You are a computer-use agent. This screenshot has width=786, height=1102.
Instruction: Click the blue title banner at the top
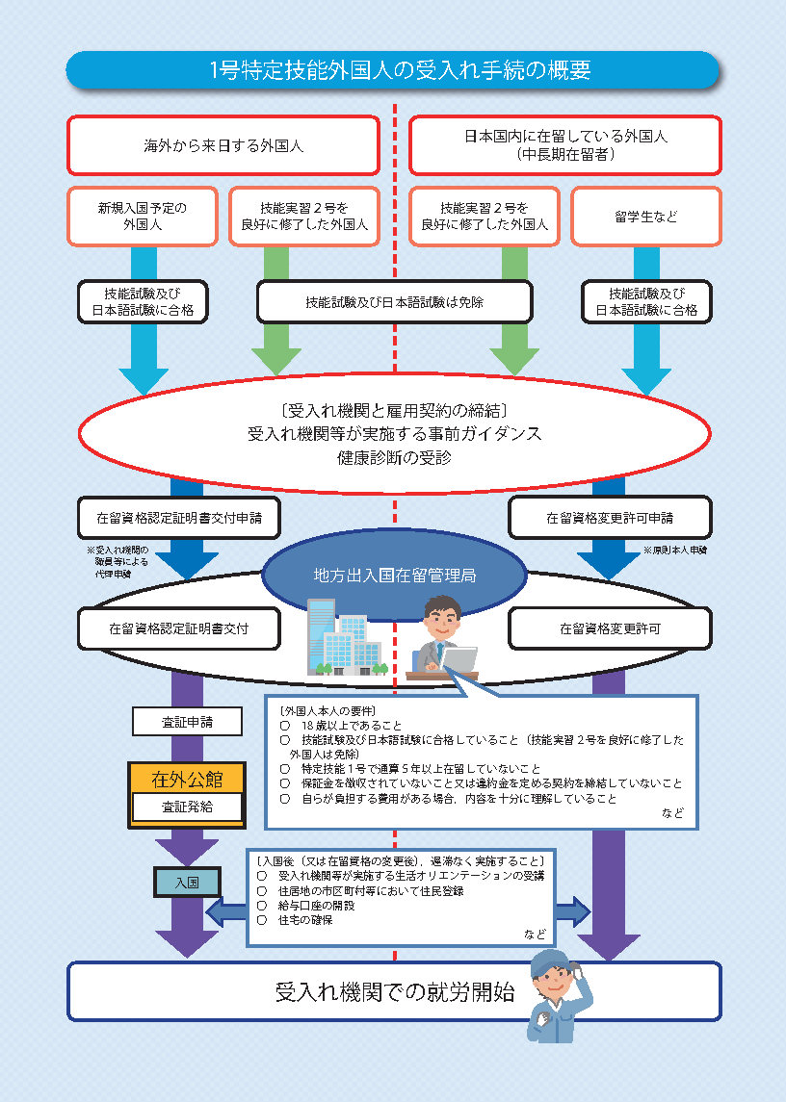coord(393,70)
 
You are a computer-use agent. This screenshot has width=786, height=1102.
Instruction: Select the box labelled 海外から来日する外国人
coord(223,145)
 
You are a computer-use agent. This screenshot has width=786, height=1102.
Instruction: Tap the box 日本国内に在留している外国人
coord(565,145)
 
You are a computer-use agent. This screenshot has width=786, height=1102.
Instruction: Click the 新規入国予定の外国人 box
coord(143,217)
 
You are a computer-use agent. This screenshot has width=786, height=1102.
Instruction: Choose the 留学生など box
coord(646,217)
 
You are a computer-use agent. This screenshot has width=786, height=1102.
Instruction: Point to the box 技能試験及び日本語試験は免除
coord(394,302)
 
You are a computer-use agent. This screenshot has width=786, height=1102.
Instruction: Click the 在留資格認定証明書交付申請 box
coord(179,518)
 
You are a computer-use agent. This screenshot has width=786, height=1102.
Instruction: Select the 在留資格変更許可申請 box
coord(610,518)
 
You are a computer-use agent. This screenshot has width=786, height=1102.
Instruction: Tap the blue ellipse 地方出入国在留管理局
coord(394,574)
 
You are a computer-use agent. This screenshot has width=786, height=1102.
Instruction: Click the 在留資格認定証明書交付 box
coord(179,628)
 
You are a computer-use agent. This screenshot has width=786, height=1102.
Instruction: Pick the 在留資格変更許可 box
coord(610,628)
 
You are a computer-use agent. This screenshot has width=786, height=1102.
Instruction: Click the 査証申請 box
coord(187,721)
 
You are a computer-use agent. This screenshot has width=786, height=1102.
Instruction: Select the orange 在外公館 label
coord(187,779)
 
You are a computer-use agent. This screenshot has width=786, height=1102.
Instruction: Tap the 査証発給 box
coord(187,807)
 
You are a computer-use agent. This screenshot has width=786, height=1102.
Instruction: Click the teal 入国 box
coord(187,882)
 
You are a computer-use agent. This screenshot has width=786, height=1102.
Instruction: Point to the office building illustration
coord(346,637)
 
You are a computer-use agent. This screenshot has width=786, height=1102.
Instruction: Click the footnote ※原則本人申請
coord(675,551)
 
